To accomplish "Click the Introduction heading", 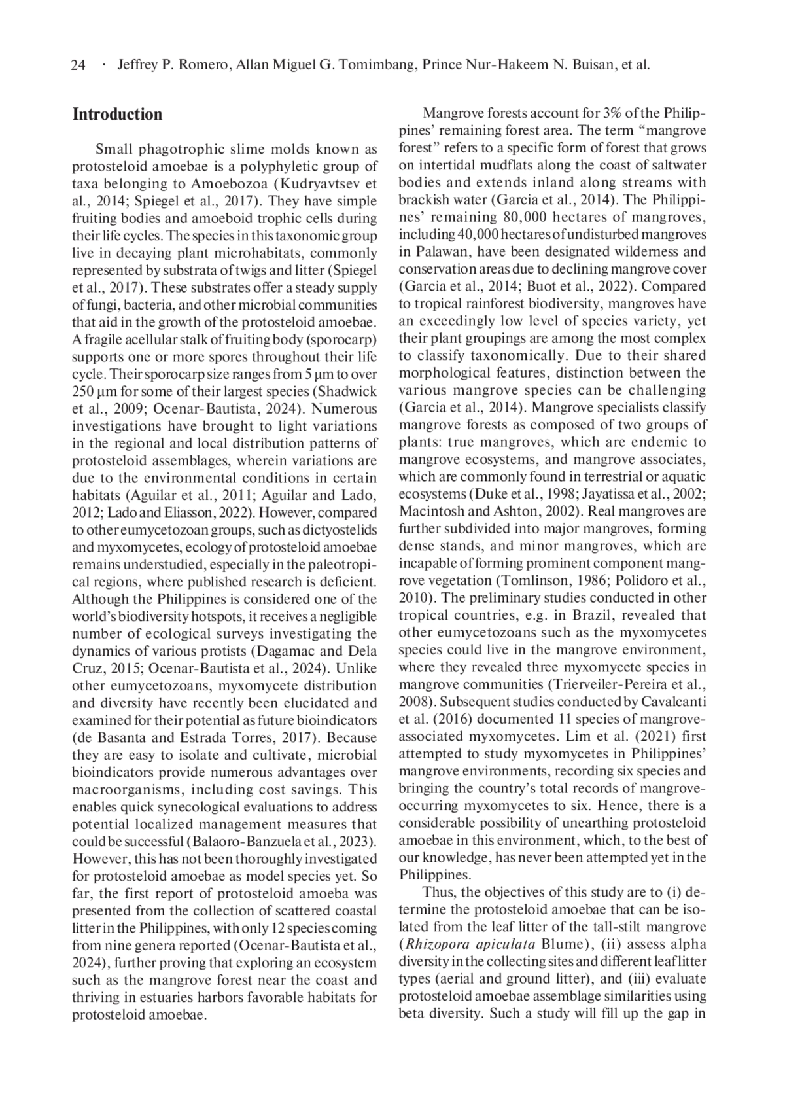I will (117, 115).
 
